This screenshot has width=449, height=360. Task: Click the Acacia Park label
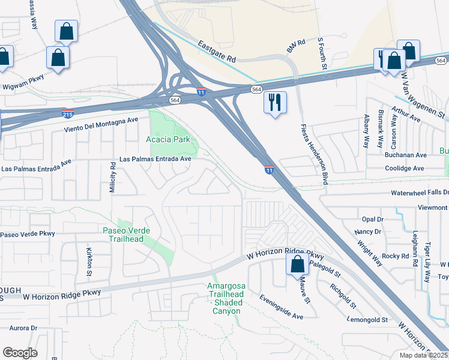pos(168,139)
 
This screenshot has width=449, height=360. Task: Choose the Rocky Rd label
pos(395,256)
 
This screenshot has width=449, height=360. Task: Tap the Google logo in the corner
pos(20,353)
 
